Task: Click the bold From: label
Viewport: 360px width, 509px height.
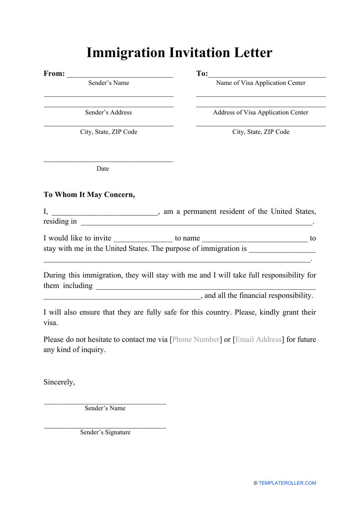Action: coord(54,74)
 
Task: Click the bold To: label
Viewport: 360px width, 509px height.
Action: coord(202,74)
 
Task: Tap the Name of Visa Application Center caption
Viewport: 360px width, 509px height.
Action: coord(261,83)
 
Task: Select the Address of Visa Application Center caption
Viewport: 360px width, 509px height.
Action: coord(261,113)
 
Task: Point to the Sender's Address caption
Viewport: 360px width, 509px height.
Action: coord(108,113)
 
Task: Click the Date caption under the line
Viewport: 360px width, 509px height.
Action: coord(103,169)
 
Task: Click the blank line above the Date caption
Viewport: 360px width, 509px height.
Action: coord(108,161)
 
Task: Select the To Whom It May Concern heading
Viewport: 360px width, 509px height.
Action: coord(89,195)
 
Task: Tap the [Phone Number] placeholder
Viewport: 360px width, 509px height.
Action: coord(196,340)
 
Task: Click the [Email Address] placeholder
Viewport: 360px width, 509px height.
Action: coord(258,340)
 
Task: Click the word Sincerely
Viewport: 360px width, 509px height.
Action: coord(59,382)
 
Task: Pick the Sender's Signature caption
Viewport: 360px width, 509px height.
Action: coord(105,432)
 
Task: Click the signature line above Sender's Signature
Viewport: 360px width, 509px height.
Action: coord(105,428)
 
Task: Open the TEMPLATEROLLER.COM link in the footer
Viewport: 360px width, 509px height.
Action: coord(287,483)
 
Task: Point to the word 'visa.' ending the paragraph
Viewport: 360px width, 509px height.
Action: coord(51,323)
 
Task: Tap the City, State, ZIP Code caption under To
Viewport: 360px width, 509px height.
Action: coord(261,132)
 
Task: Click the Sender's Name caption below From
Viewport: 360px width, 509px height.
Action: coord(108,83)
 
